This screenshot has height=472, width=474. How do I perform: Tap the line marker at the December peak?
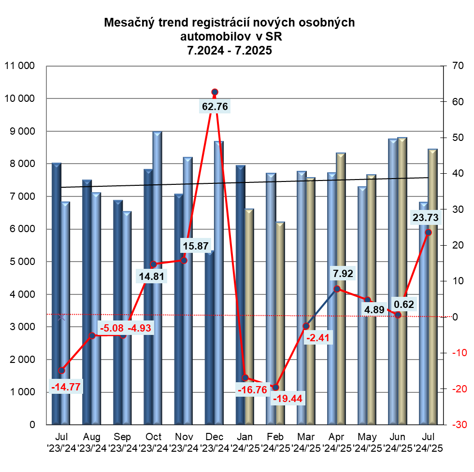click(215, 92)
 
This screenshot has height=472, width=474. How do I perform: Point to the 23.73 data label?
click(426, 218)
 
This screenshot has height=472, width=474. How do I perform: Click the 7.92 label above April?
click(343, 274)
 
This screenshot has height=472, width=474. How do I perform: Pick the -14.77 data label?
click(66, 387)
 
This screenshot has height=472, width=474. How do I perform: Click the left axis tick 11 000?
click(21, 66)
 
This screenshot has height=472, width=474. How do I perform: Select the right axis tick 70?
click(458, 66)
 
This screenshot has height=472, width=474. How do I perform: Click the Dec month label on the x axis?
click(215, 437)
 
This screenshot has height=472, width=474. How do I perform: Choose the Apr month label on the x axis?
click(336, 437)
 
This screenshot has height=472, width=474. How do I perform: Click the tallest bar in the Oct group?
click(158, 278)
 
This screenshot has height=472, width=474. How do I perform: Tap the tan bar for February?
click(279, 323)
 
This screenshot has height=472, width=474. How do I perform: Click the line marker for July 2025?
click(428, 232)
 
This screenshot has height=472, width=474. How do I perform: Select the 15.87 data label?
click(196, 246)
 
